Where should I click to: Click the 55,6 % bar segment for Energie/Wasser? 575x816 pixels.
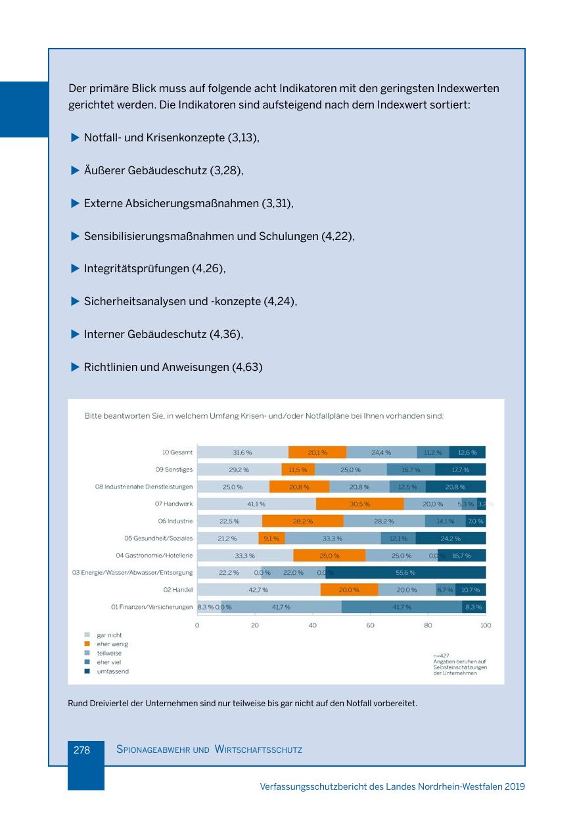pyautogui.click(x=405, y=573)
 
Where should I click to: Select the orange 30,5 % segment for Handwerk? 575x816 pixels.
pyautogui.click(x=359, y=504)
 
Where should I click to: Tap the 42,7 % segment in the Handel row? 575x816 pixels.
pyautogui.click(x=258, y=590)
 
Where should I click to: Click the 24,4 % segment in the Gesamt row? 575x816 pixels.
pyautogui.click(x=381, y=452)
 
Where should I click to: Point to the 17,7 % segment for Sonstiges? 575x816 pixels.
pyautogui.click(x=460, y=469)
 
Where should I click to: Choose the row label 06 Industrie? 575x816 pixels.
pyautogui.click(x=175, y=521)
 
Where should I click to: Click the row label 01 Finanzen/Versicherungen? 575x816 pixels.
pyautogui.click(x=152, y=607)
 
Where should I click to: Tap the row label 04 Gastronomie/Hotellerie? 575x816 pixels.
pyautogui.click(x=154, y=556)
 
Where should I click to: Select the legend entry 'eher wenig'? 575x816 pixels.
pyautogui.click(x=110, y=644)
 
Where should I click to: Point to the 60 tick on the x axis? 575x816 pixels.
pyautogui.click(x=370, y=625)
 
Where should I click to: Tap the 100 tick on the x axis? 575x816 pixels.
pyautogui.click(x=486, y=625)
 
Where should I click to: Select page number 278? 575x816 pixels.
pyautogui.click(x=81, y=749)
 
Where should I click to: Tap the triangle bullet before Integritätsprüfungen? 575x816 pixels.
pyautogui.click(x=74, y=268)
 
